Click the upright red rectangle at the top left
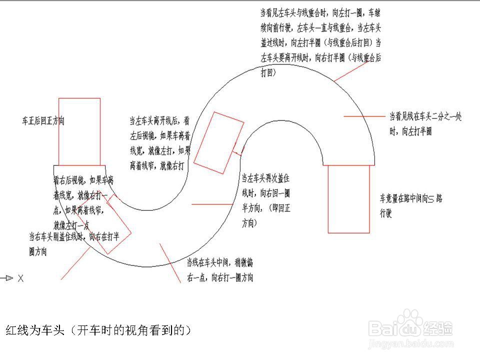[79, 131]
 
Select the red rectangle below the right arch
[348, 199]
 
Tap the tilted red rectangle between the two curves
[218, 143]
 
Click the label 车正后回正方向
[43, 121]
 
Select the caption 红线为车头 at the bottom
[98, 330]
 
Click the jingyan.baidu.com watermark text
[410, 344]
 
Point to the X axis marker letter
[20, 278]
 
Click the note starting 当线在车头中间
[219, 269]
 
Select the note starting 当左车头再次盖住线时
[265, 200]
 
